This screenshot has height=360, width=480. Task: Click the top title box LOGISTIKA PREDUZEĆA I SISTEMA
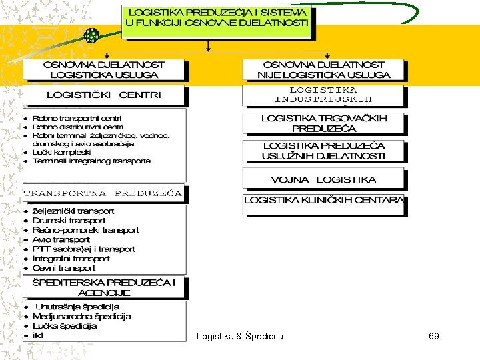coord(218,18)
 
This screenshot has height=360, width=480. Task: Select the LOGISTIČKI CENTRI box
coord(104,95)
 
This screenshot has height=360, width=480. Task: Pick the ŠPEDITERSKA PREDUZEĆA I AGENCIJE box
coord(104,287)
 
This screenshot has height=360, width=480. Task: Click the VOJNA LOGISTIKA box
coord(323,179)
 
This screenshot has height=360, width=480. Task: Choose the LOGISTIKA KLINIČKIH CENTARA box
coord(323,199)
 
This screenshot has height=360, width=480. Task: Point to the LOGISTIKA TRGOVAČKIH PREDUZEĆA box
coord(323,123)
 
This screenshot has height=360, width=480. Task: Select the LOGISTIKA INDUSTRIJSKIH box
coord(323,95)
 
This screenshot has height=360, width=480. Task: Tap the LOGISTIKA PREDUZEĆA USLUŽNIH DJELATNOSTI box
coord(323,151)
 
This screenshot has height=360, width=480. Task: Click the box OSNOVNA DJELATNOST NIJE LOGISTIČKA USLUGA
coord(323,70)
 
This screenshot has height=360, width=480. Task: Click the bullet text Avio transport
coord(61,239)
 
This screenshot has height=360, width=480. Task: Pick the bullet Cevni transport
coord(64,268)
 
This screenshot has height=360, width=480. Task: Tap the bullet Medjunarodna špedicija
coord(81,317)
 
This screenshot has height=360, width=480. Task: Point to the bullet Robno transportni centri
coord(77,118)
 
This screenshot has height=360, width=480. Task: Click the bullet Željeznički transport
coord(73,211)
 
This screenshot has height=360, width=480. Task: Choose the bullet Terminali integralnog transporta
coord(91,161)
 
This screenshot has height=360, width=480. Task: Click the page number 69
coord(433,336)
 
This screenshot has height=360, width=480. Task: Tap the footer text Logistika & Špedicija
coord(239,336)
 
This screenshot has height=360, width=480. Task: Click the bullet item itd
coord(37,335)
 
